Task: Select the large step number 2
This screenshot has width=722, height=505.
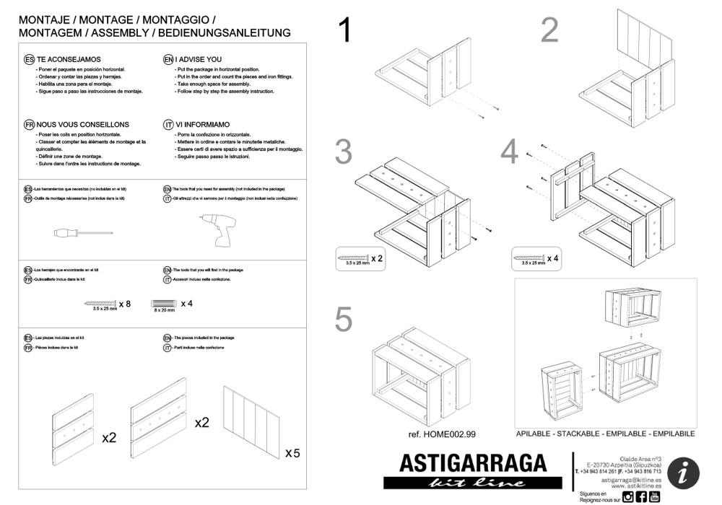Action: pos(550,30)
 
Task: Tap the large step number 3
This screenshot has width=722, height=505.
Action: pos(344,152)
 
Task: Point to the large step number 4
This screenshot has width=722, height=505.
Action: pos(510,151)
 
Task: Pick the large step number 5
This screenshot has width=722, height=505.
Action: pos(344,320)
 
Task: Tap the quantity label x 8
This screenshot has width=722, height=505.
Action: pos(125,304)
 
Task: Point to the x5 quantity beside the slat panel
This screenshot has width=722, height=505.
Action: pos(292,453)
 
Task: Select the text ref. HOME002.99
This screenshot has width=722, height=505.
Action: pos(442,434)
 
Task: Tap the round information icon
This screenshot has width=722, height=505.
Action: pos(682,473)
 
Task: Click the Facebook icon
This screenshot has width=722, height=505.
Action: pos(641,496)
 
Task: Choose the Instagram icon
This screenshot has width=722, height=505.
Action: pos(628,496)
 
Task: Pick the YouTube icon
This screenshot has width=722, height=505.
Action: pos(654,496)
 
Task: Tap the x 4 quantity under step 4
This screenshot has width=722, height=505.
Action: pos(552,258)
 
